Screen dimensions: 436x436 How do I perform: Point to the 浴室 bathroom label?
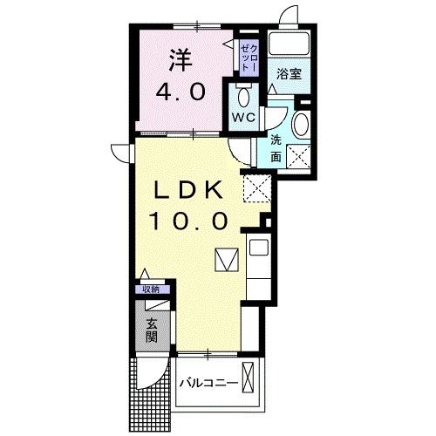pyautogui.click(x=289, y=74)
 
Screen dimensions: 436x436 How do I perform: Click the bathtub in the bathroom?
pyautogui.click(x=289, y=43)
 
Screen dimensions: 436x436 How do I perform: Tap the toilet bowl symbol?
pyautogui.click(x=242, y=95)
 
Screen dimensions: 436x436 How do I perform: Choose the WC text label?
pyautogui.click(x=242, y=117)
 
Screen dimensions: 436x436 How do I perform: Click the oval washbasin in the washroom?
pyautogui.click(x=301, y=124)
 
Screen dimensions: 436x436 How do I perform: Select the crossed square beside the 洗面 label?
pyautogui.click(x=300, y=158)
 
